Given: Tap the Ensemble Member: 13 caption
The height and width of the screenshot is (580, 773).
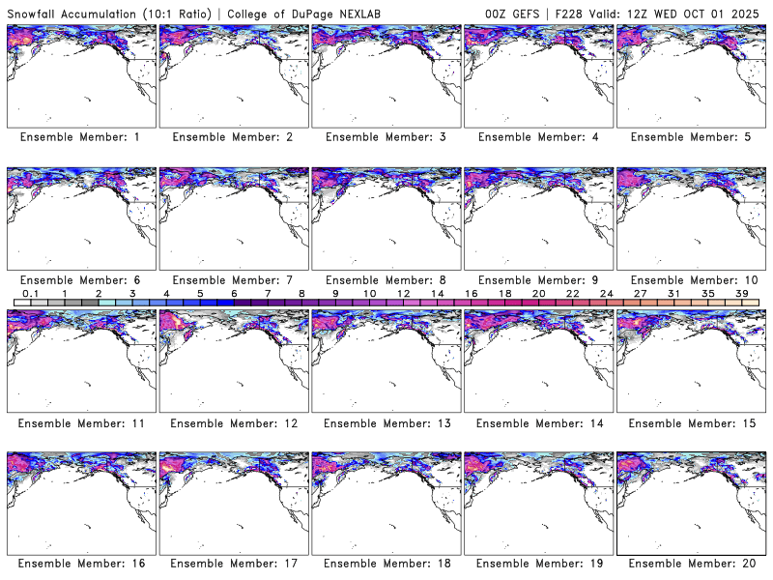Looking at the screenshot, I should click(x=385, y=423).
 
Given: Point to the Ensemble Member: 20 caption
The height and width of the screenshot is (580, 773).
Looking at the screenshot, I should click(x=690, y=564).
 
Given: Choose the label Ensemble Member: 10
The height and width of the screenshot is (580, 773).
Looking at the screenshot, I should click(x=690, y=280).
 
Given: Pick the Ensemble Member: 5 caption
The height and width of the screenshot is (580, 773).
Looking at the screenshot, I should click(x=690, y=137).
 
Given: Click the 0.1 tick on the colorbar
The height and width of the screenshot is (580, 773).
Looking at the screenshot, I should click(x=30, y=293).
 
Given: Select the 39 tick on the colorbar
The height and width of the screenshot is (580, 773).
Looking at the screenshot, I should click(x=742, y=293).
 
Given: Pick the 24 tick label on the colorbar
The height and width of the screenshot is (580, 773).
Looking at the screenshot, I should click(x=607, y=293).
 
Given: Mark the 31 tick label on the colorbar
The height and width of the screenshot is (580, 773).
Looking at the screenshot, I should click(x=674, y=293).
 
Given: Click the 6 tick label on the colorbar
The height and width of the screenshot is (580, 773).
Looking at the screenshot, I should click(x=234, y=293).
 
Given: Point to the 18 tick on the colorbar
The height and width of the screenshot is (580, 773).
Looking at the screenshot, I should click(x=504, y=293).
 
